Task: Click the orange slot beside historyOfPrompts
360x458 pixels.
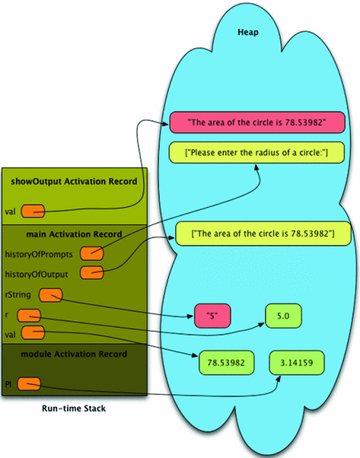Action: point(91,252)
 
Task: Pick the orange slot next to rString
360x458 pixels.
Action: point(51,294)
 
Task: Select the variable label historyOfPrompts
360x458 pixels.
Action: point(40,252)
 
